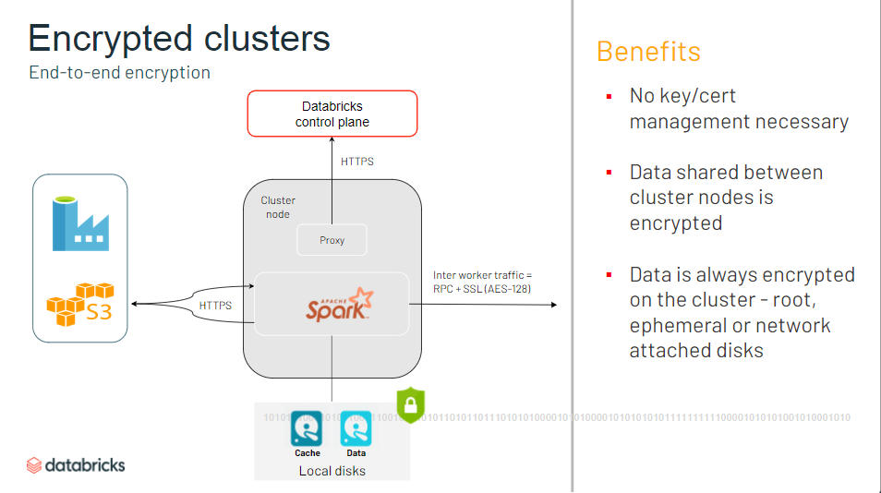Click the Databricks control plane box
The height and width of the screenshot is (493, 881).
[x=332, y=114]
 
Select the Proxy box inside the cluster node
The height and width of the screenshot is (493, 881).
[x=332, y=240]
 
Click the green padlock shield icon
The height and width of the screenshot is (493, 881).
[x=409, y=404]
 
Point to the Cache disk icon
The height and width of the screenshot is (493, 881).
[x=307, y=428]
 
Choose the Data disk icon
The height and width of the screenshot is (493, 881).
[x=356, y=428]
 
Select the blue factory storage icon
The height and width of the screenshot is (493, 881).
[x=80, y=220]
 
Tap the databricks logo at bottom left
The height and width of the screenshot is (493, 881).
[x=76, y=464]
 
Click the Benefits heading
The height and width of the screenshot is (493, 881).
[x=648, y=51]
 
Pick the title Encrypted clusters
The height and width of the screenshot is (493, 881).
[x=179, y=38]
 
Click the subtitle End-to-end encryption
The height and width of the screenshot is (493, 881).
[x=119, y=72]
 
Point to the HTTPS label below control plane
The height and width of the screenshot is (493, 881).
[x=357, y=162]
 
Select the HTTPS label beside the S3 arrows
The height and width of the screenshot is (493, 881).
[x=215, y=305]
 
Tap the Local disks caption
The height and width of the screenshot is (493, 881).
[x=332, y=471]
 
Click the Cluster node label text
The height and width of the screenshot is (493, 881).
[x=277, y=207]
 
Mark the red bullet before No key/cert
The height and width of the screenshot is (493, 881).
[x=609, y=96]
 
